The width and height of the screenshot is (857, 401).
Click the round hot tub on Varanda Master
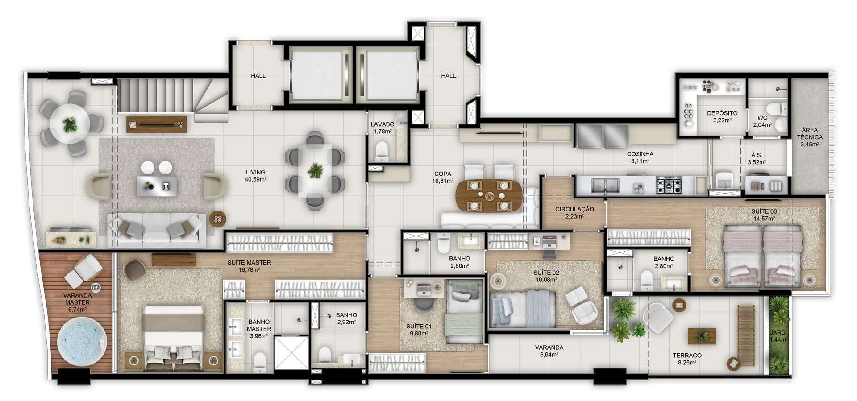(83, 342)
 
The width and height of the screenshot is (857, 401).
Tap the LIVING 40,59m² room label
(255, 176)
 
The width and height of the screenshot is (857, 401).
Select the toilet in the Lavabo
(383, 150)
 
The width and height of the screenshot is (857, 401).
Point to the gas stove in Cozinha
(668, 185)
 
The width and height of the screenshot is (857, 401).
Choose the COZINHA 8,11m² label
(640, 157)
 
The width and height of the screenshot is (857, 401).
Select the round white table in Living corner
(69, 124)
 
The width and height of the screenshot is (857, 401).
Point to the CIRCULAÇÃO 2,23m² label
(574, 212)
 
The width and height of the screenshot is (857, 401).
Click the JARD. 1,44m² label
(778, 336)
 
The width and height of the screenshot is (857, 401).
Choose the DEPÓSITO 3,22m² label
(722, 116)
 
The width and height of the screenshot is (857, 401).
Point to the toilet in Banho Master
(259, 362)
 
